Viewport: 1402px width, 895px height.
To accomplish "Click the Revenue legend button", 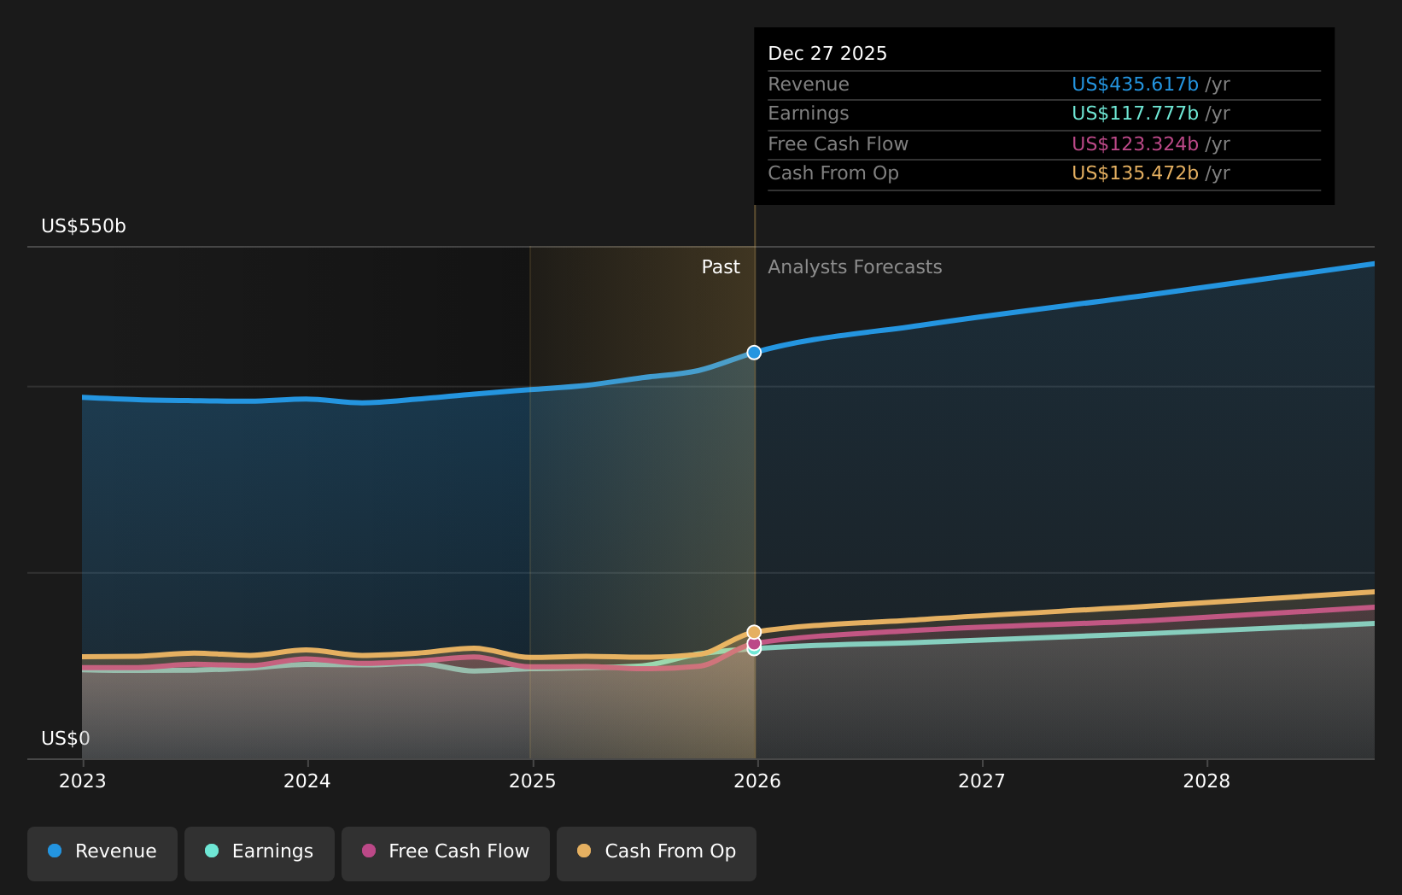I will click(102, 852).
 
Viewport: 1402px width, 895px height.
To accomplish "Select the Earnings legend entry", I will click(260, 852).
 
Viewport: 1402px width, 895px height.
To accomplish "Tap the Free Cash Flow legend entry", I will click(446, 852).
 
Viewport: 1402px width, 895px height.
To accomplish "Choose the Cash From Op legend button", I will click(657, 852).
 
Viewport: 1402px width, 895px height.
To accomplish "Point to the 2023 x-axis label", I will click(83, 781).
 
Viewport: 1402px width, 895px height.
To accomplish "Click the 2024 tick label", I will click(307, 781).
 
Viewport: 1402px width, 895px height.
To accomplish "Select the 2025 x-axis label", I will click(532, 781).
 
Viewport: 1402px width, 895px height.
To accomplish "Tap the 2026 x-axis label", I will click(757, 781).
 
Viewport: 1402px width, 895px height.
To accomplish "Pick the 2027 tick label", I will click(982, 781).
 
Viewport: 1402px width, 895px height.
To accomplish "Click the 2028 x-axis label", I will click(1206, 781).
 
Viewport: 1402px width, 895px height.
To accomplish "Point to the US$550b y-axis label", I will click(84, 226).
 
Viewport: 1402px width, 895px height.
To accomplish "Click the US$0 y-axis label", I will click(66, 739).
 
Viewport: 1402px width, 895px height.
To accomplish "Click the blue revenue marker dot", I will click(754, 353).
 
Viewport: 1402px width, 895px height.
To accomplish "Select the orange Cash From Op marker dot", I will click(754, 632).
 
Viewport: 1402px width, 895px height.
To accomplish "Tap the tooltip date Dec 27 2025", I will click(827, 54).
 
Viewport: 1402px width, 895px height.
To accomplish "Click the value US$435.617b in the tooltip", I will click(1135, 85).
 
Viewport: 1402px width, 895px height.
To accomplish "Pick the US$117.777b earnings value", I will click(1135, 114).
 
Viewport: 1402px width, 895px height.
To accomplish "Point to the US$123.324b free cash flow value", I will click(1135, 144).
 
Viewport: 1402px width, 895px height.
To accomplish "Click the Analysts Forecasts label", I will click(855, 267).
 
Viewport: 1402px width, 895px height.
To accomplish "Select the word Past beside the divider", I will click(721, 267).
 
